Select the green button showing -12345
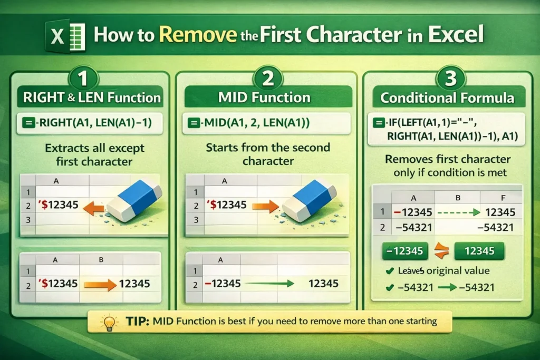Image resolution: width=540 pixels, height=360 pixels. pos(404,251)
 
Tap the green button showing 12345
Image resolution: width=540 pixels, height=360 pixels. pos(479,251)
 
